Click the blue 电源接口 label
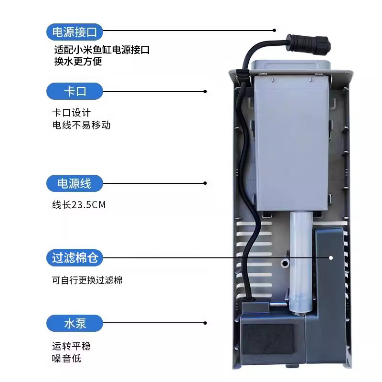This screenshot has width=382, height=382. click(74, 32)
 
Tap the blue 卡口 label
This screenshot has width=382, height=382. click(74, 91)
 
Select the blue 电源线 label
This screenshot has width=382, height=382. click(74, 183)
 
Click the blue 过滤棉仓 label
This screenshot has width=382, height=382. click(74, 258)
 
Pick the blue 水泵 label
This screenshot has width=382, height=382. click(74, 323)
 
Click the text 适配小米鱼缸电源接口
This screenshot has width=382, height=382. click(102, 50)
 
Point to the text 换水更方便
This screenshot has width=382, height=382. click(78, 62)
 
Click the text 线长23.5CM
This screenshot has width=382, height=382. click(79, 205)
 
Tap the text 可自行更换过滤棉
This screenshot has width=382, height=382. click(87, 280)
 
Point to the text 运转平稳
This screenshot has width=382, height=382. click(70, 346)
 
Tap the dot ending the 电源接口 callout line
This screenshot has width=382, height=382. click(275, 31)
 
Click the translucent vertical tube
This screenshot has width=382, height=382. click(301, 263)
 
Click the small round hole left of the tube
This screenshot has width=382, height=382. click(286, 263)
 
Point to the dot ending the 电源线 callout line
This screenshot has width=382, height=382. click(205, 183)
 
